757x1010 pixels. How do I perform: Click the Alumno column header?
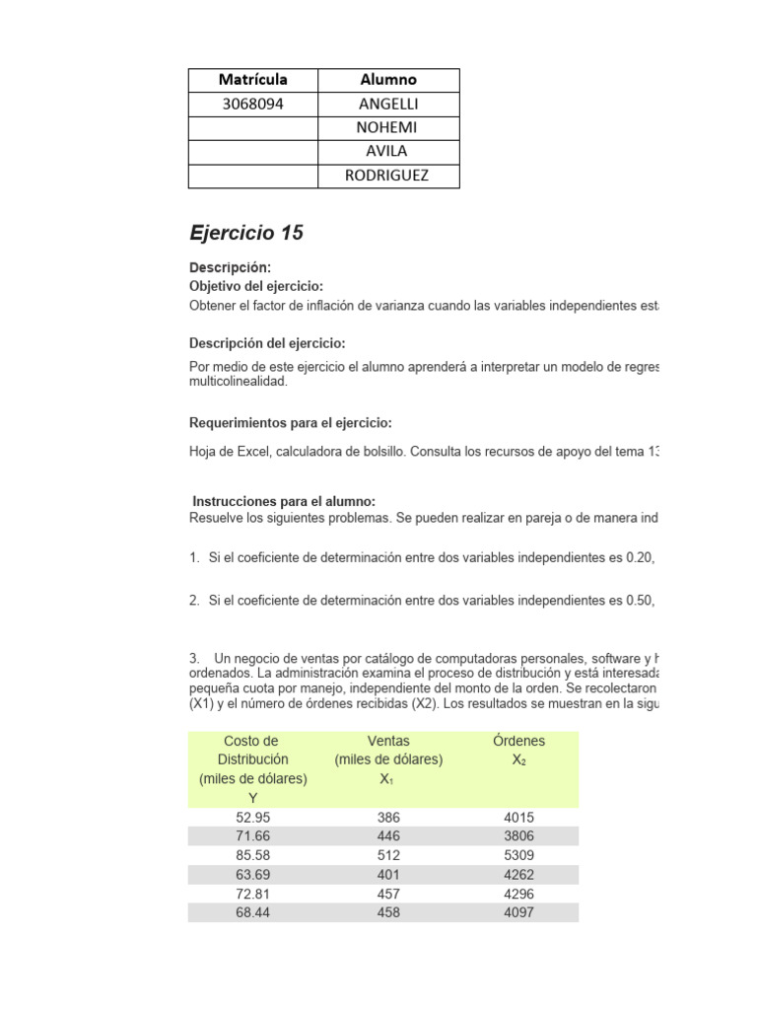388,80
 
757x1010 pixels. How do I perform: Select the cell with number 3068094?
253,104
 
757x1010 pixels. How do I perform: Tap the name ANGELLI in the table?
388,104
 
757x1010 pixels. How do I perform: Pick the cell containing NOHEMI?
388,127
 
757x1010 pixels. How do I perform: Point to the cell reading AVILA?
388,151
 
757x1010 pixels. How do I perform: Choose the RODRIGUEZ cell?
388,176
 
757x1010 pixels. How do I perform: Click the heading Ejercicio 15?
246,234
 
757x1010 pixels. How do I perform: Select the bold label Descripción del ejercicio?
267,343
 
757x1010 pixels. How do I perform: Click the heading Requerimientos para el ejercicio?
291,423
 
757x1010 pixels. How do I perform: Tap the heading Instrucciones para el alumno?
284,502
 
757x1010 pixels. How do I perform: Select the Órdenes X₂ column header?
519,750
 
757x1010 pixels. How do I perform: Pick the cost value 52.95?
253,818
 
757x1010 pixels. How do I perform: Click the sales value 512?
388,855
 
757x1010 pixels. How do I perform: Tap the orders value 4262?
519,875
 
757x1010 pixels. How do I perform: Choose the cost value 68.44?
253,912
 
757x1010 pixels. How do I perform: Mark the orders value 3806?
519,836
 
